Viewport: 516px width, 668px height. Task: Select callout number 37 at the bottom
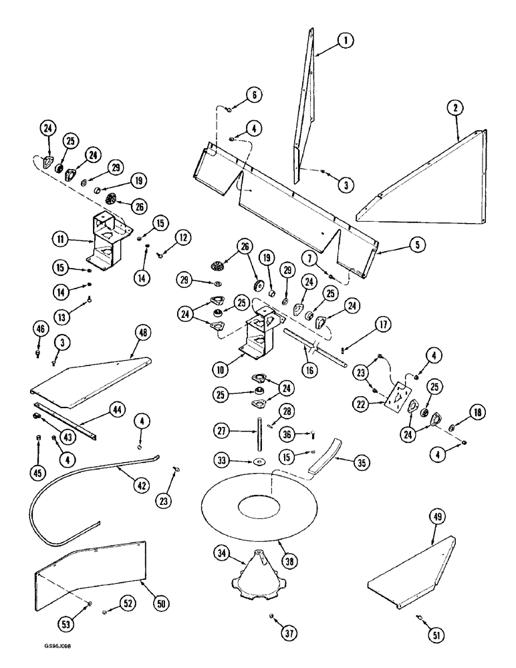click(272, 633)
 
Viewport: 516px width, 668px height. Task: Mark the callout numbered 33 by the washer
click(222, 460)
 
